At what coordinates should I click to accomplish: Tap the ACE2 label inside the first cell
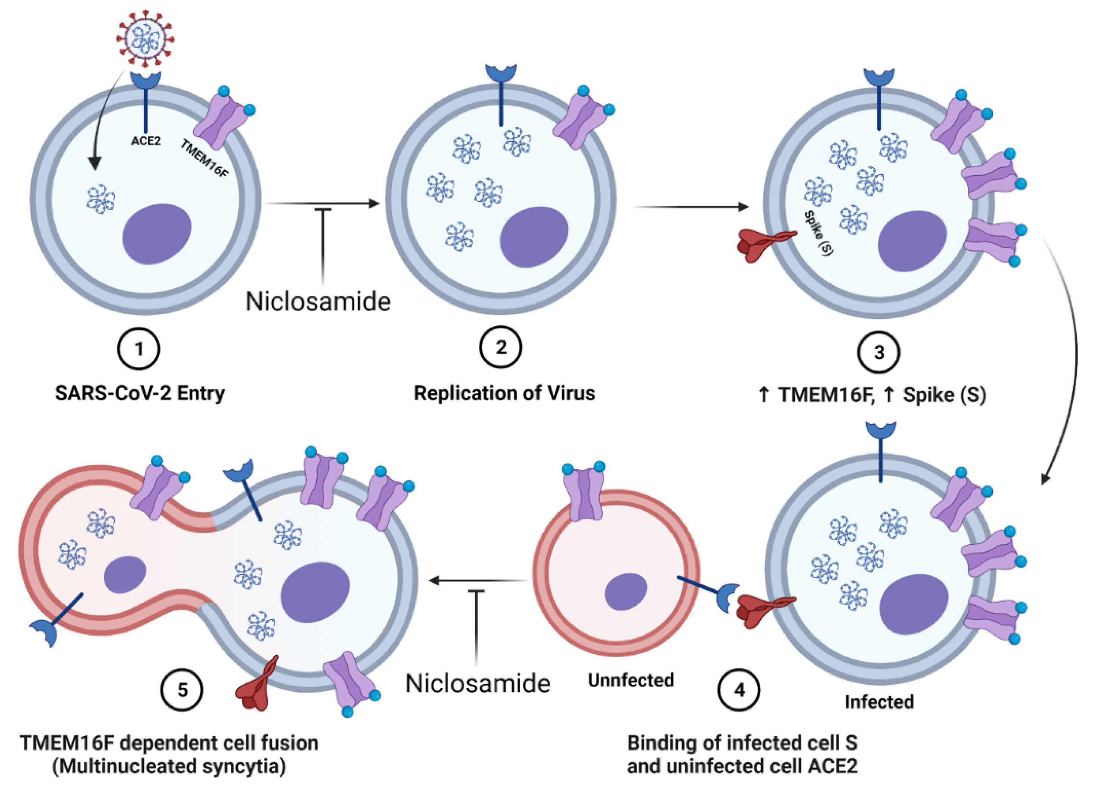tap(146, 141)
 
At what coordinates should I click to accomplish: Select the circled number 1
tap(139, 349)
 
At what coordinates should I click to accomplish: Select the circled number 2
tap(501, 347)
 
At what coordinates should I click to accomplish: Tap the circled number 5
tap(182, 690)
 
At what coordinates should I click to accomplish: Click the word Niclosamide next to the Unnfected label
tap(477, 684)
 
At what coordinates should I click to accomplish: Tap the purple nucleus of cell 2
tap(534, 237)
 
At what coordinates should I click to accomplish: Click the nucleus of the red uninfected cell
tap(626, 591)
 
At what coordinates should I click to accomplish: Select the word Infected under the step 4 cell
tap(878, 702)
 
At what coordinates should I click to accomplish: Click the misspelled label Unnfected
tap(631, 680)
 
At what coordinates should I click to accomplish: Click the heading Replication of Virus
tap(504, 393)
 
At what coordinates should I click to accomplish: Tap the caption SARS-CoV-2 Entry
tap(140, 393)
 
